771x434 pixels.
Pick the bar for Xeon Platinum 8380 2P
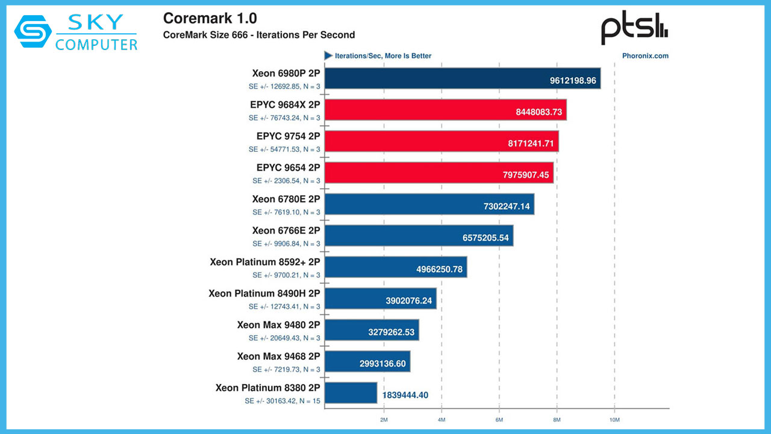pyautogui.click(x=351, y=393)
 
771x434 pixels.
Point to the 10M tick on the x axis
pyautogui.click(x=614, y=418)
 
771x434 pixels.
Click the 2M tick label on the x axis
pyautogui.click(x=383, y=418)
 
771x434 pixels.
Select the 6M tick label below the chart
pyautogui.click(x=499, y=418)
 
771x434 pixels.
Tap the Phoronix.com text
pyautogui.click(x=645, y=56)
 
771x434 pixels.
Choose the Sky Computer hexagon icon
pyautogui.click(x=33, y=31)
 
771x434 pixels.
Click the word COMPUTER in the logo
pyautogui.click(x=96, y=44)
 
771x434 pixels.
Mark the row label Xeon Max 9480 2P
pyautogui.click(x=278, y=325)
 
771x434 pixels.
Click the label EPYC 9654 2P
pyautogui.click(x=288, y=168)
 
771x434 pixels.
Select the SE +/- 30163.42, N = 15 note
pyautogui.click(x=282, y=401)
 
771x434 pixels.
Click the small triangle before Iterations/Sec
pyautogui.click(x=328, y=55)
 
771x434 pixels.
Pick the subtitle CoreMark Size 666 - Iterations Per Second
pyautogui.click(x=259, y=35)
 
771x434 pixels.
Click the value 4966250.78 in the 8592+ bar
pyautogui.click(x=440, y=269)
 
